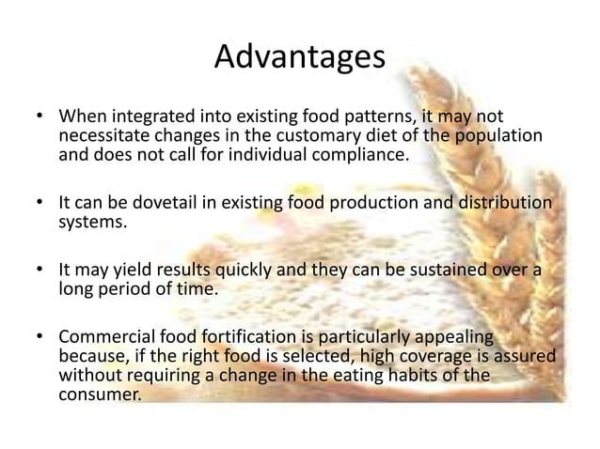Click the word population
499,137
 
